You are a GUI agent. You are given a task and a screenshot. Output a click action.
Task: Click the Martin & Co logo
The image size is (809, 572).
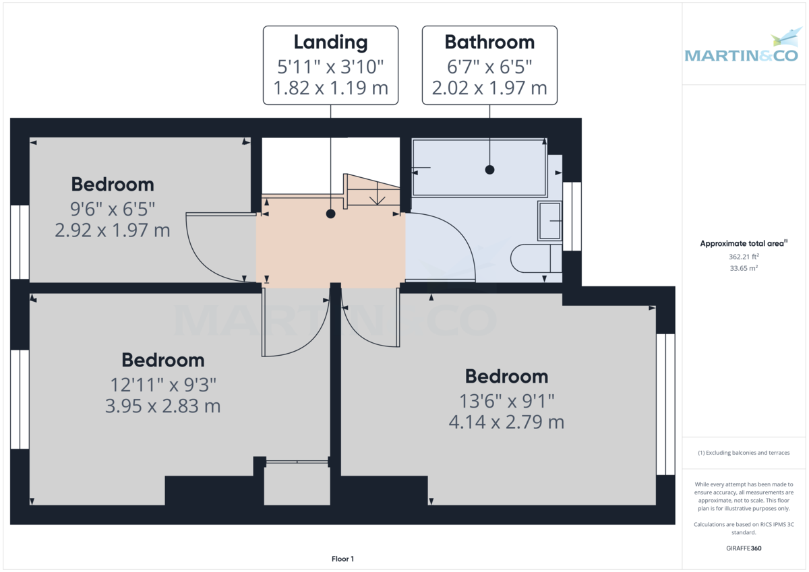pos(742,49)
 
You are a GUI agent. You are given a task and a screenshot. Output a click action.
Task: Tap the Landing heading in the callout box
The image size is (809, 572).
pos(330,42)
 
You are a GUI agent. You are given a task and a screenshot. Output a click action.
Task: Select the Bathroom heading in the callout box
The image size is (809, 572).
pos(489,42)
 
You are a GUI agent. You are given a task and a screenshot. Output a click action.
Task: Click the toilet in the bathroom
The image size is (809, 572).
pos(536,259)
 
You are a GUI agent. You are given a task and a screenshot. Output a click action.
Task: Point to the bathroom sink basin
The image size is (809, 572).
pos(549,220)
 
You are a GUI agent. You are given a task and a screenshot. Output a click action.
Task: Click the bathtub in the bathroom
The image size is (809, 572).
pos(479,168)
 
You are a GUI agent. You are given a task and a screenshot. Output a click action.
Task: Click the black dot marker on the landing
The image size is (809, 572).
pos(330,214)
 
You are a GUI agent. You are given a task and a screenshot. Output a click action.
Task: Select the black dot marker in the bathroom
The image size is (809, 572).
pos(489,170)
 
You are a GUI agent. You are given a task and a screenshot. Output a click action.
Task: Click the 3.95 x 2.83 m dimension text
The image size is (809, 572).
pos(163,406)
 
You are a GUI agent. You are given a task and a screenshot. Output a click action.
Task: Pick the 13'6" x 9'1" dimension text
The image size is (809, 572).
pos(506,401)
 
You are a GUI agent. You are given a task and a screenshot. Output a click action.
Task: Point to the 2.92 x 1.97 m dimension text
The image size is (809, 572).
pos(113,230)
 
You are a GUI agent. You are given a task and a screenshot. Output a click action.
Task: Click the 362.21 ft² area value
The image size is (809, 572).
pos(744,257)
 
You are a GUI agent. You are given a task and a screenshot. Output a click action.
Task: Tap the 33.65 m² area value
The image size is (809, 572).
pos(744,268)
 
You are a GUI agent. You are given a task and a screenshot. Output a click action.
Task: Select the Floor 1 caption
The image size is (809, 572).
pos(342,559)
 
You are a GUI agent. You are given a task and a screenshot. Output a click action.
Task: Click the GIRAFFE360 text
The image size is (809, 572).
pos(744,548)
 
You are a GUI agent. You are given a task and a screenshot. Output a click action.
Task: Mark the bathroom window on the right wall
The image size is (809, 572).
pos(572,216)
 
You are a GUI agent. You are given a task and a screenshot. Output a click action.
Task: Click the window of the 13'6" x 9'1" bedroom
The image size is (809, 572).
pos(665,404)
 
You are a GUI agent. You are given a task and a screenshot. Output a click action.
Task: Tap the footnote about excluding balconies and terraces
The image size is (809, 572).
pos(744,453)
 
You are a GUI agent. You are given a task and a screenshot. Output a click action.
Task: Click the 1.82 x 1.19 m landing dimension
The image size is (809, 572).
pos(330,88)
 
